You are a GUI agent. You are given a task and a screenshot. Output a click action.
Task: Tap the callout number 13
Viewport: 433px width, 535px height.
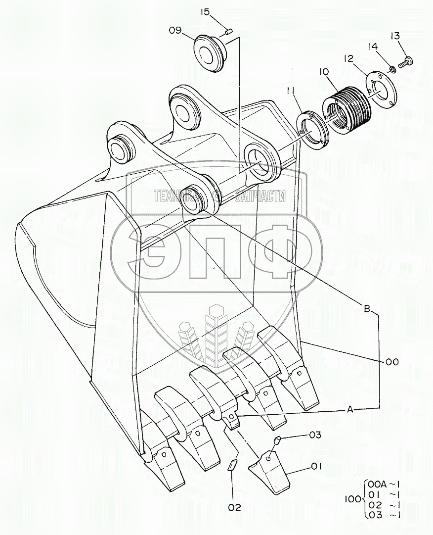coord(395,36)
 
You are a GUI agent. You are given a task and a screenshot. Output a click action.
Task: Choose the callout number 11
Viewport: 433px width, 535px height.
coord(291,91)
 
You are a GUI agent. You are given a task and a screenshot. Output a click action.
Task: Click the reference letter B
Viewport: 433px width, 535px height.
coord(367,309)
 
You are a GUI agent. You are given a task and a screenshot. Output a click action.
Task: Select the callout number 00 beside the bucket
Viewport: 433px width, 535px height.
coord(392,362)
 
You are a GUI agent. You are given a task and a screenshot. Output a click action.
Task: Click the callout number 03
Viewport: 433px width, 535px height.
coord(315,435)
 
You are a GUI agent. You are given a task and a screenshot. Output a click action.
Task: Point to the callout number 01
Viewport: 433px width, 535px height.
coord(317,466)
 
